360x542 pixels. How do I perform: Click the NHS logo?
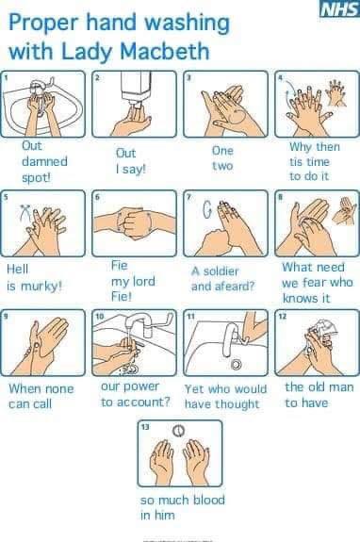[x=339, y=8]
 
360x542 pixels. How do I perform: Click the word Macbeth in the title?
[x=165, y=51]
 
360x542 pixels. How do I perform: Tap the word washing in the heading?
[x=187, y=24]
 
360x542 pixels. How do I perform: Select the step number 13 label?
[x=145, y=427]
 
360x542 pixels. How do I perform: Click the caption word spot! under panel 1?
[x=36, y=177]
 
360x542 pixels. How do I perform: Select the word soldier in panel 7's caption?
[x=220, y=271]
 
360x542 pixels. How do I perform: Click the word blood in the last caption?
[x=208, y=500]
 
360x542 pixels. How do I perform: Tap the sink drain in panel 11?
[x=237, y=364]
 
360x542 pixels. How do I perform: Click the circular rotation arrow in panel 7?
[x=206, y=210]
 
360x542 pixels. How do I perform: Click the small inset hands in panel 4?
[x=336, y=92]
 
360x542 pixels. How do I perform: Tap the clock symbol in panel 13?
[x=178, y=431]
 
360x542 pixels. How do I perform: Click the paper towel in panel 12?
[x=325, y=328]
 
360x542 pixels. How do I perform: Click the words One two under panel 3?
[x=222, y=158]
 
